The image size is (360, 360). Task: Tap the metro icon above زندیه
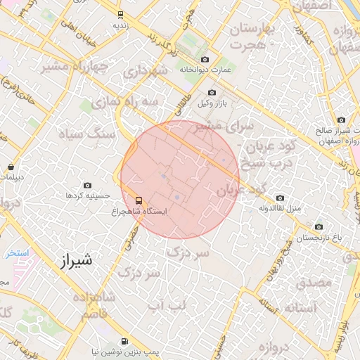click(x=120, y=13)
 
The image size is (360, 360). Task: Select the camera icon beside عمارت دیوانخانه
click(x=205, y=59)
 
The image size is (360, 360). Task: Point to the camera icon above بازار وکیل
click(x=212, y=92)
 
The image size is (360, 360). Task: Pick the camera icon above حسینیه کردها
click(x=86, y=184)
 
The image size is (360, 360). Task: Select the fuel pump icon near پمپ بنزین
click(x=124, y=340)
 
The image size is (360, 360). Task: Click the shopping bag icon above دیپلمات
click(x=11, y=167)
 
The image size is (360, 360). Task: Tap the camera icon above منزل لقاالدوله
click(x=281, y=198)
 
